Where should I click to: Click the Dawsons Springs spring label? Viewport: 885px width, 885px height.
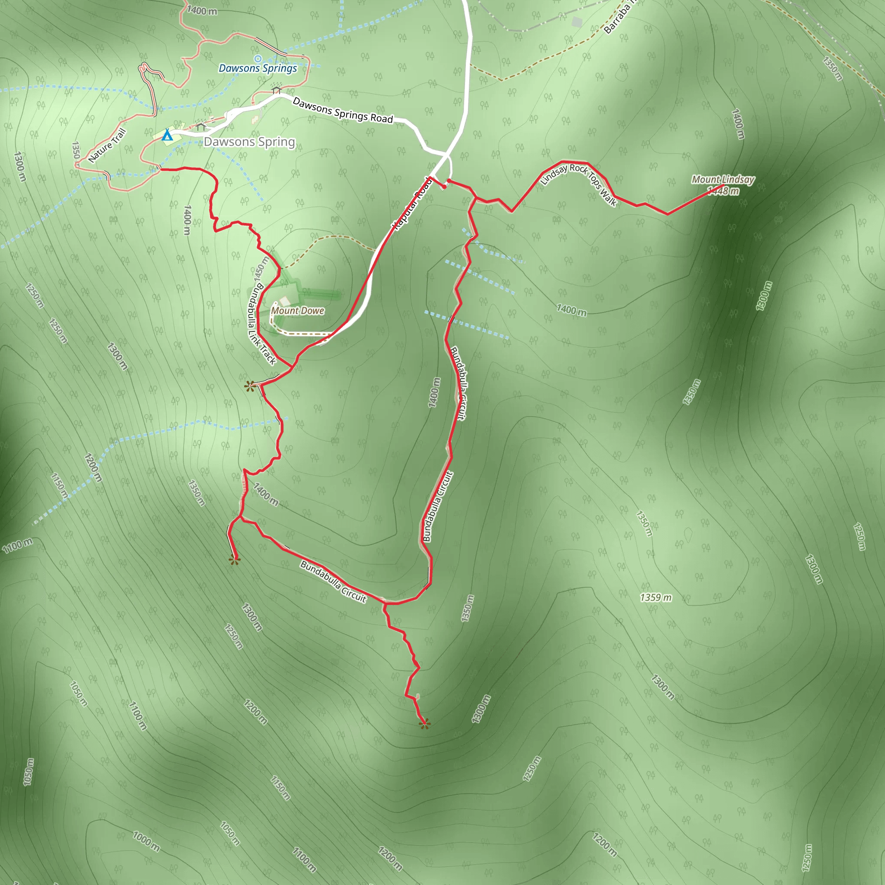coord(258,69)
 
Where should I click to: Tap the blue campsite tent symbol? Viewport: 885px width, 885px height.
coord(167,135)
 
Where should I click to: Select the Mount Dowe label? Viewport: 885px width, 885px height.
coord(298,311)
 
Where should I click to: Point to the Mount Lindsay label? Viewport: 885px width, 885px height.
coord(723,180)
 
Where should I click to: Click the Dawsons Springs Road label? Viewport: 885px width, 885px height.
coord(343,110)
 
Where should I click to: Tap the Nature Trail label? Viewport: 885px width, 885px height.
coord(107,146)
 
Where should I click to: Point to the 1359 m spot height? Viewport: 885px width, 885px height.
coord(656,597)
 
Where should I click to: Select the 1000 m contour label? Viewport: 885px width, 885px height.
coord(146,841)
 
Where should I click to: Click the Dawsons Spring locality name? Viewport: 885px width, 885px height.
coord(249,142)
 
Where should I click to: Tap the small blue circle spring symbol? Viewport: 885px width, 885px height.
coord(258,59)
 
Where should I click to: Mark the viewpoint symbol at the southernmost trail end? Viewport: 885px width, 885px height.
coord(425,724)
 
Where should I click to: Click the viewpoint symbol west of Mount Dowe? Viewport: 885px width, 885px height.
coord(250,386)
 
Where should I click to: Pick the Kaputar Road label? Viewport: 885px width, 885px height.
coord(412,204)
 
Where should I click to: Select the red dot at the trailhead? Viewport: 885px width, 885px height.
coord(444,186)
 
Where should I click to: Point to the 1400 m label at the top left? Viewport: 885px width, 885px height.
coord(202,10)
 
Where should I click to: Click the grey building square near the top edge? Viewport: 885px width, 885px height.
coord(577,22)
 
